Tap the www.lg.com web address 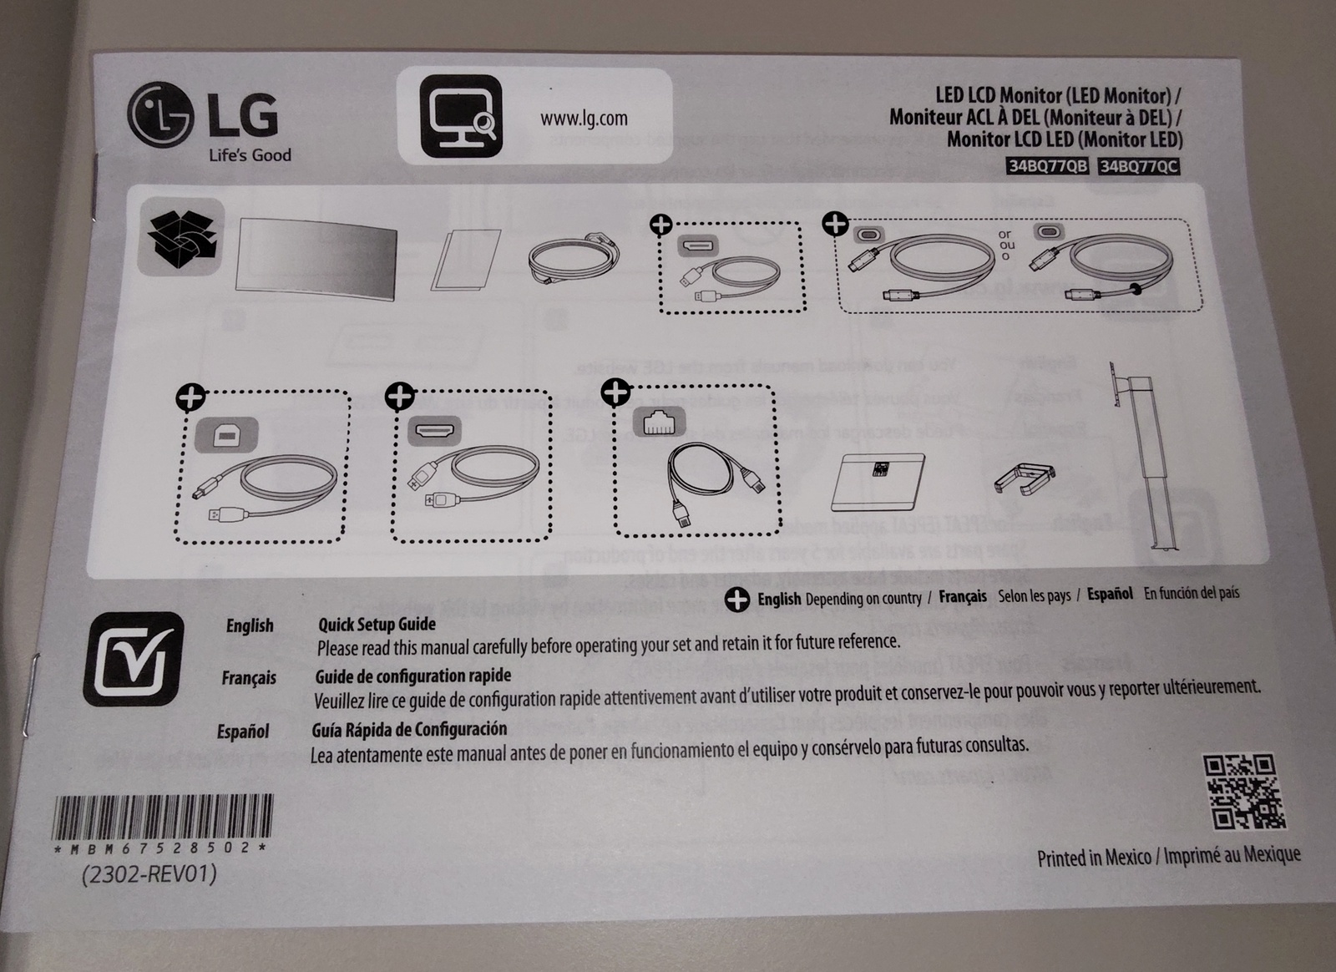point(584,119)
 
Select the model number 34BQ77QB point(1048,165)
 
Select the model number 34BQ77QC point(1138,166)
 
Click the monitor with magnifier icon point(460,117)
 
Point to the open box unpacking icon point(181,236)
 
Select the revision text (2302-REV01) point(149,874)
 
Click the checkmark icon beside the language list point(133,659)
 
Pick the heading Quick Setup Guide point(377,624)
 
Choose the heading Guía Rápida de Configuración point(409,729)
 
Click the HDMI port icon point(434,431)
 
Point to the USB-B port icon point(225,434)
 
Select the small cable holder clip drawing point(1025,478)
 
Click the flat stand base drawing point(878,479)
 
